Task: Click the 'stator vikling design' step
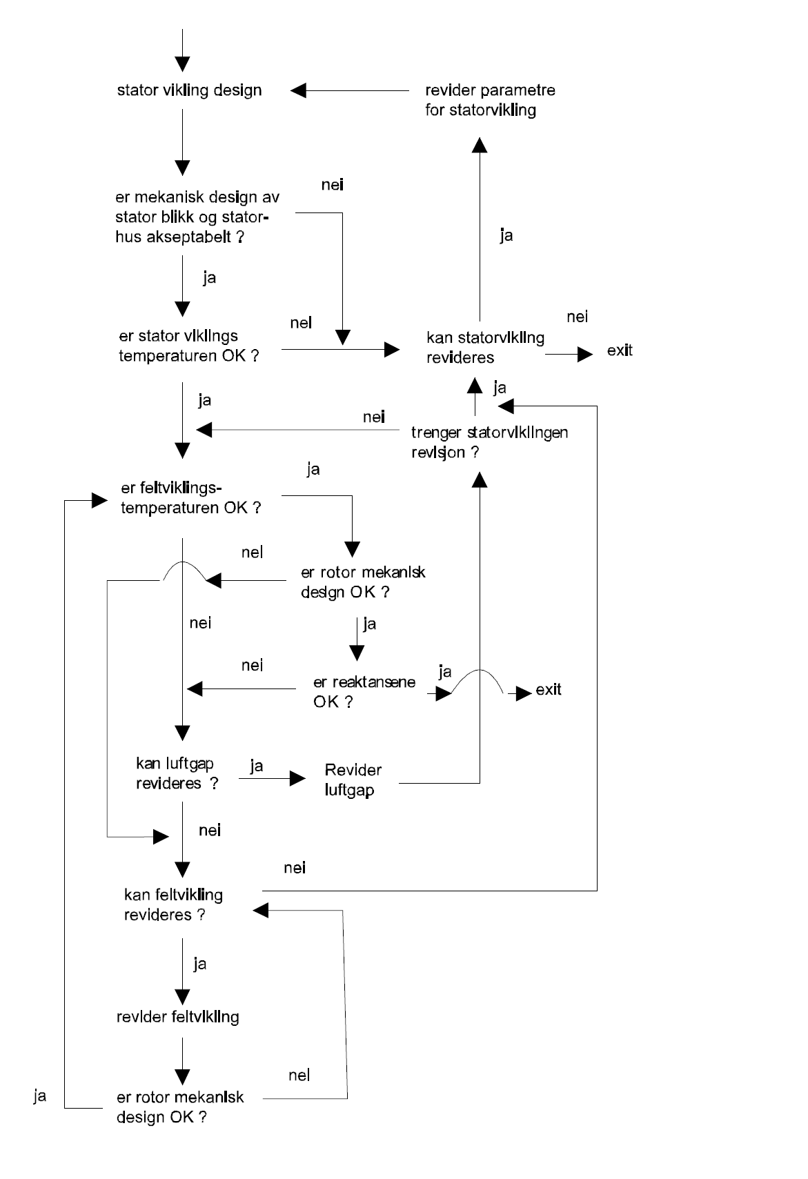coord(189,90)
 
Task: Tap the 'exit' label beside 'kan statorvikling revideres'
coord(620,350)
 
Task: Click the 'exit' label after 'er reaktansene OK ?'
coord(549,690)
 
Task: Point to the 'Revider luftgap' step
coord(353,780)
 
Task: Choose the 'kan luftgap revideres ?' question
coord(177,773)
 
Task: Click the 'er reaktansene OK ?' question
coord(364,691)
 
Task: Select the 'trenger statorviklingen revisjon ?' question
coord(489,442)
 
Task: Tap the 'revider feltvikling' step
coord(178,1017)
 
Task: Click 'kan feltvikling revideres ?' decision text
coord(173,904)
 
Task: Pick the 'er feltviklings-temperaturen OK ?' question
coord(190,498)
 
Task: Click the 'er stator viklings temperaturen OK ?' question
coord(188,346)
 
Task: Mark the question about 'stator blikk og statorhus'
coord(197,217)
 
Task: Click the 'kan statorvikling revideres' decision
coord(484,348)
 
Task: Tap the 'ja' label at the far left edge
coord(40,1096)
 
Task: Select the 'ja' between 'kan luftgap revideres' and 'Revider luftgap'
coord(257,766)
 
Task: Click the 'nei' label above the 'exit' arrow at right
coord(577,317)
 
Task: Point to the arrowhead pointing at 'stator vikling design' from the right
coord(299,90)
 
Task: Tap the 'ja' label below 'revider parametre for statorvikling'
coord(506,236)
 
